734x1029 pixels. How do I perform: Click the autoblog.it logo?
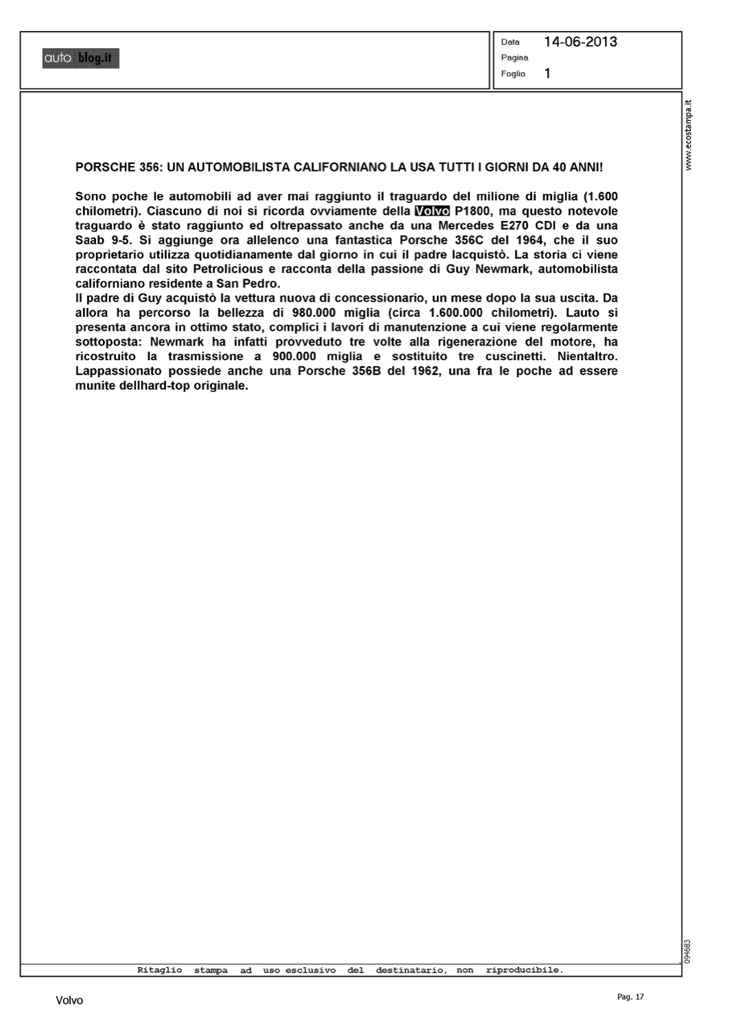tap(80, 59)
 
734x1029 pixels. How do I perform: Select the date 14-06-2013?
tap(580, 42)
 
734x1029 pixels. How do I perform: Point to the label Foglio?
tap(513, 74)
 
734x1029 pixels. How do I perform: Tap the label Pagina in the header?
tap(514, 58)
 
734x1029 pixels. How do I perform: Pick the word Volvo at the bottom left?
tap(69, 1001)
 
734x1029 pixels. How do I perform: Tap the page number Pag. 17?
tap(631, 997)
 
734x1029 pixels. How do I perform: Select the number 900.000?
tap(297, 357)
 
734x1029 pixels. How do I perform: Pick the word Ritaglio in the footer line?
tap(160, 970)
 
